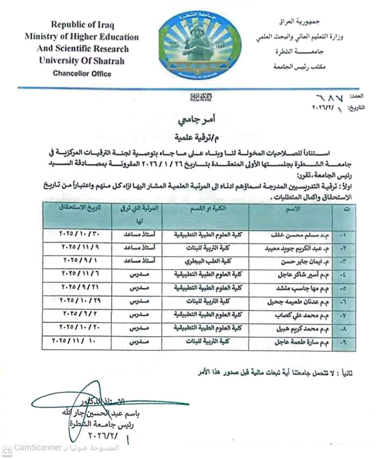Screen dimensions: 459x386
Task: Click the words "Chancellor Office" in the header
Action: coord(82,73)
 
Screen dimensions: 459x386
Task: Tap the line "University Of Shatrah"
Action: coord(82,61)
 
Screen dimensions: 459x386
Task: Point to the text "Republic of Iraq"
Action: coord(82,25)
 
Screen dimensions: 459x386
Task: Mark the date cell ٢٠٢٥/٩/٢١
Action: coord(80,287)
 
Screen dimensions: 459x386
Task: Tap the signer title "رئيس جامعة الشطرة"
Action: coord(102,424)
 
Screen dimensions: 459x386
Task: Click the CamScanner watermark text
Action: coord(66,448)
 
